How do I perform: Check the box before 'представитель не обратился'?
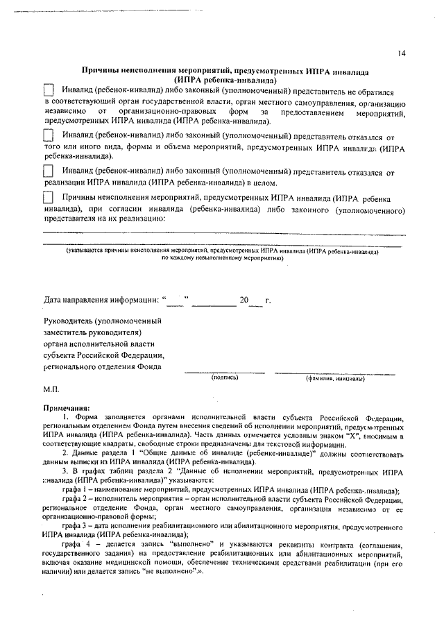[49, 90]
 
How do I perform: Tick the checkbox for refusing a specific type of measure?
[49, 137]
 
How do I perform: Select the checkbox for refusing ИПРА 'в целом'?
[49, 171]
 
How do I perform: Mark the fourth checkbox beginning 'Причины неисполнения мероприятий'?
[49, 198]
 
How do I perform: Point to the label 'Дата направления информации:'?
[101, 300]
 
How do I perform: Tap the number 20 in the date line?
[244, 300]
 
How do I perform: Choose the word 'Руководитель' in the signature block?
[68, 321]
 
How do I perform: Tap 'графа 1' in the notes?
[74, 491]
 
